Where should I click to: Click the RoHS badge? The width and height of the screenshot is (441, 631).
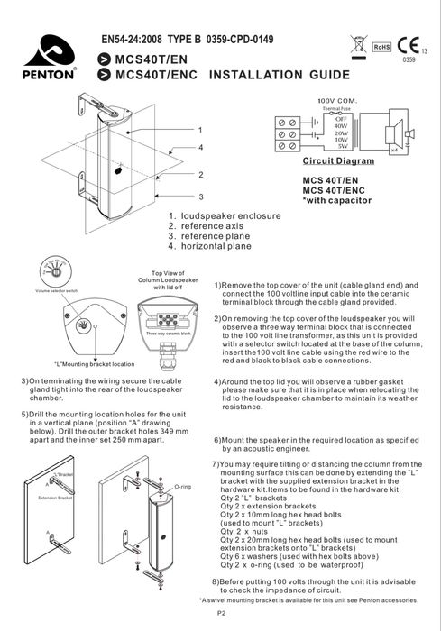coord(380,44)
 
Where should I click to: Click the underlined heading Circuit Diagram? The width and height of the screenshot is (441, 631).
coord(338,160)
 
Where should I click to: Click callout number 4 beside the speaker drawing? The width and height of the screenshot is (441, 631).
coord(199,146)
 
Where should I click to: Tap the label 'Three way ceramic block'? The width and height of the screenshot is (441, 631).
coord(167,334)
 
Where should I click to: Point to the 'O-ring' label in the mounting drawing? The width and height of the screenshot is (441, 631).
coord(182,486)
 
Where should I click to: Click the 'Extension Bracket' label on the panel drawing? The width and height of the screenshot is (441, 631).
coord(54,498)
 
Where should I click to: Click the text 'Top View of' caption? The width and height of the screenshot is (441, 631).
coord(168,271)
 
